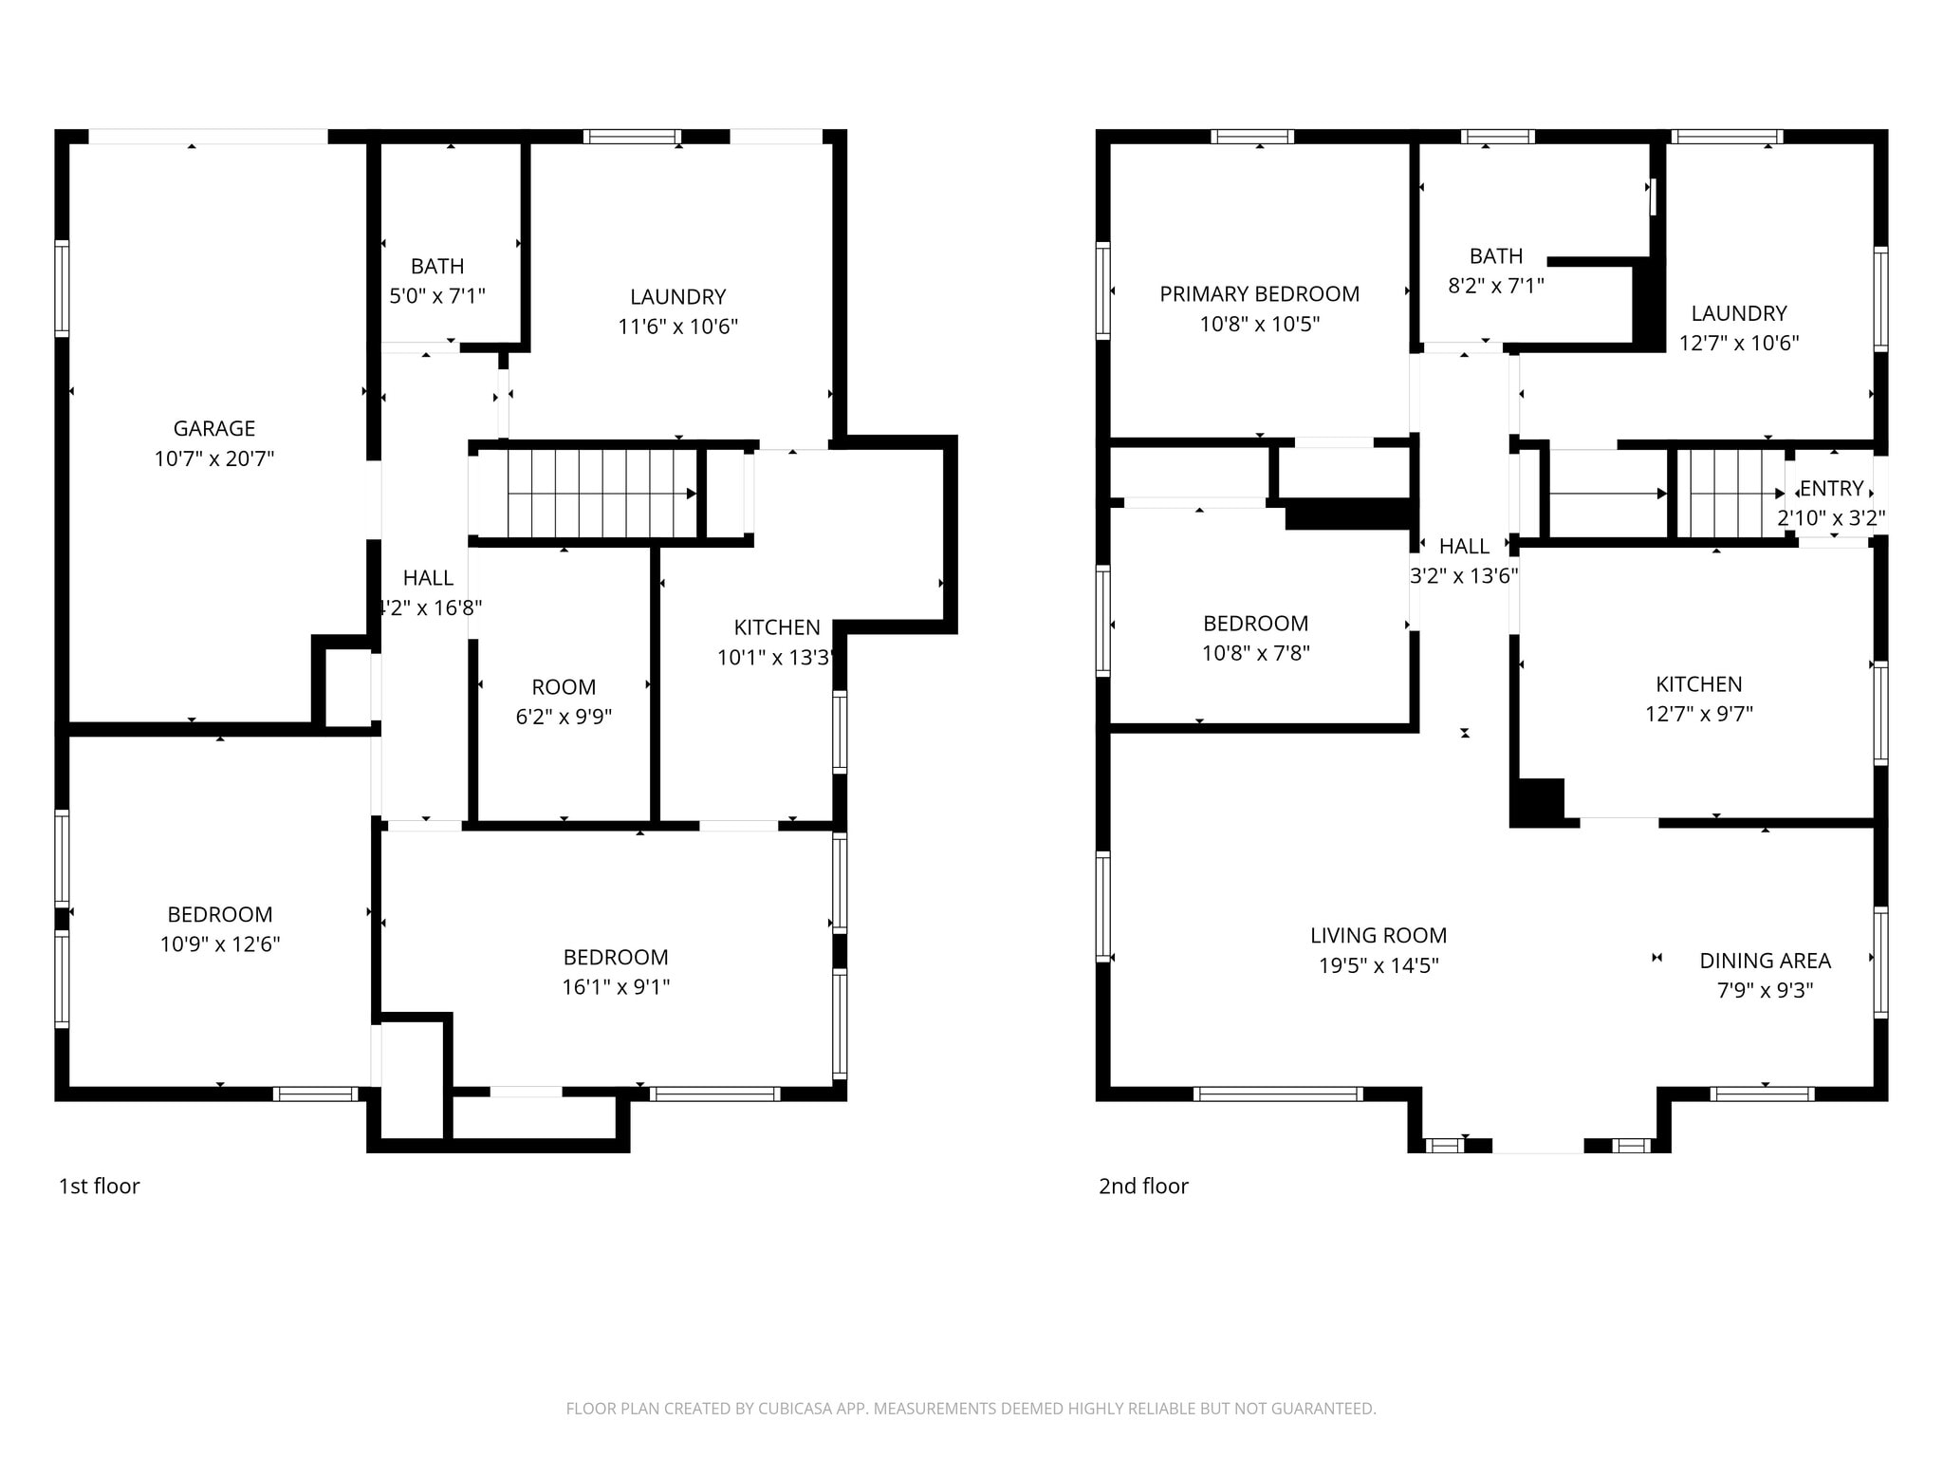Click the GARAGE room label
214,428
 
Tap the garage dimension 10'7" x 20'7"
214,458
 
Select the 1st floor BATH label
437,266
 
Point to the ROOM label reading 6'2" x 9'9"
564,687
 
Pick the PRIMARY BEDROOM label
1260,294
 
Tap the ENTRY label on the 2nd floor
1832,488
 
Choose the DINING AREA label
1766,961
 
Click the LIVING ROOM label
1379,935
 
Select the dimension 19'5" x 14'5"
1379,965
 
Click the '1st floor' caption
100,1186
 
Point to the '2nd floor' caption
1143,1186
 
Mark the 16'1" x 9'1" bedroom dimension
616,987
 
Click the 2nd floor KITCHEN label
1699,683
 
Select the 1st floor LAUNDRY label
678,296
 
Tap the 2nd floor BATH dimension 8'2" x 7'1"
1496,286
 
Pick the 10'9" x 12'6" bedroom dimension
220,944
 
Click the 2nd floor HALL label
1464,546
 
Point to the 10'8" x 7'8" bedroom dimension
1256,653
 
